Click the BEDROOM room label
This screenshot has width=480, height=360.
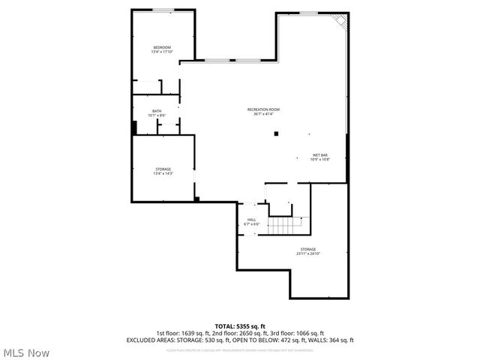[163, 48]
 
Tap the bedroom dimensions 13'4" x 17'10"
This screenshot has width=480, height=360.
[163, 52]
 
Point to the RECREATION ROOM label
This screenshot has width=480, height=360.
[263, 109]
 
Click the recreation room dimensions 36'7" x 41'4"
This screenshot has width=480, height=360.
[263, 114]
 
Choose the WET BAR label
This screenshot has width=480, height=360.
[320, 155]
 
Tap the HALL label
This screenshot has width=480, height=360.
[251, 220]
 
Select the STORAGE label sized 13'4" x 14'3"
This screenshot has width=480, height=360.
[163, 169]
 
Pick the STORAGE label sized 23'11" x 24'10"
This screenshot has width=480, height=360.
[307, 249]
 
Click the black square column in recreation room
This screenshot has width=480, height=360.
[276, 133]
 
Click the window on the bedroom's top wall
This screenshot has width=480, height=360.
[163, 10]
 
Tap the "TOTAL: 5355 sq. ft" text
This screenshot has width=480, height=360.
[240, 325]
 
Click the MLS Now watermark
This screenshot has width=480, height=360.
[26, 352]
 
